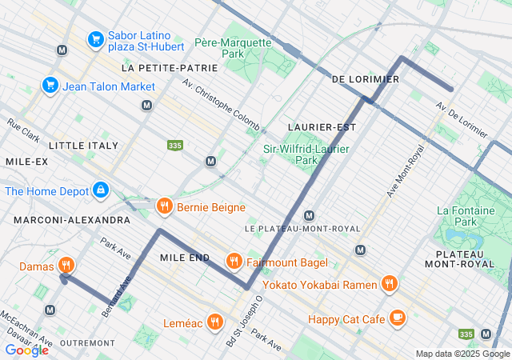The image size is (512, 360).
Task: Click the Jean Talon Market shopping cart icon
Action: (x=50, y=86)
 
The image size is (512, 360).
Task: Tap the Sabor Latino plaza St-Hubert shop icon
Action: (x=95, y=38)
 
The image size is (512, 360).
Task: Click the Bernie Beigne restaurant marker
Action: (x=165, y=207)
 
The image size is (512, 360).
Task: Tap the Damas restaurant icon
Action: (x=66, y=266)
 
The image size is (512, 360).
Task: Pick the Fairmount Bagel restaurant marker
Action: (x=234, y=260)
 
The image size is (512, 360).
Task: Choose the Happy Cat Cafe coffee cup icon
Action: (x=397, y=318)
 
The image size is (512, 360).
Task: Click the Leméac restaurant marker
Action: (x=214, y=322)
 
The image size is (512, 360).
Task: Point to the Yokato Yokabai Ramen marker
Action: (x=389, y=282)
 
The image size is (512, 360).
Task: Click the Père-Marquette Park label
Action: (x=233, y=48)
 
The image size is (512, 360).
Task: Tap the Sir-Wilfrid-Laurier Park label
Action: (x=302, y=154)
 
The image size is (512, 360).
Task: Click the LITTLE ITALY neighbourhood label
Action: (x=83, y=146)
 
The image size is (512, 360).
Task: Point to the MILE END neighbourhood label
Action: (x=184, y=258)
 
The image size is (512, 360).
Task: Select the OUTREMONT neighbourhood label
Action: (x=82, y=342)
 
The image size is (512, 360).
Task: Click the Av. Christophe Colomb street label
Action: (x=220, y=105)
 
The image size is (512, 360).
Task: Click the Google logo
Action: (x=26, y=350)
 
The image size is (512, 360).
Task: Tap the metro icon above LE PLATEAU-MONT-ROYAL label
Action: (x=309, y=215)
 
